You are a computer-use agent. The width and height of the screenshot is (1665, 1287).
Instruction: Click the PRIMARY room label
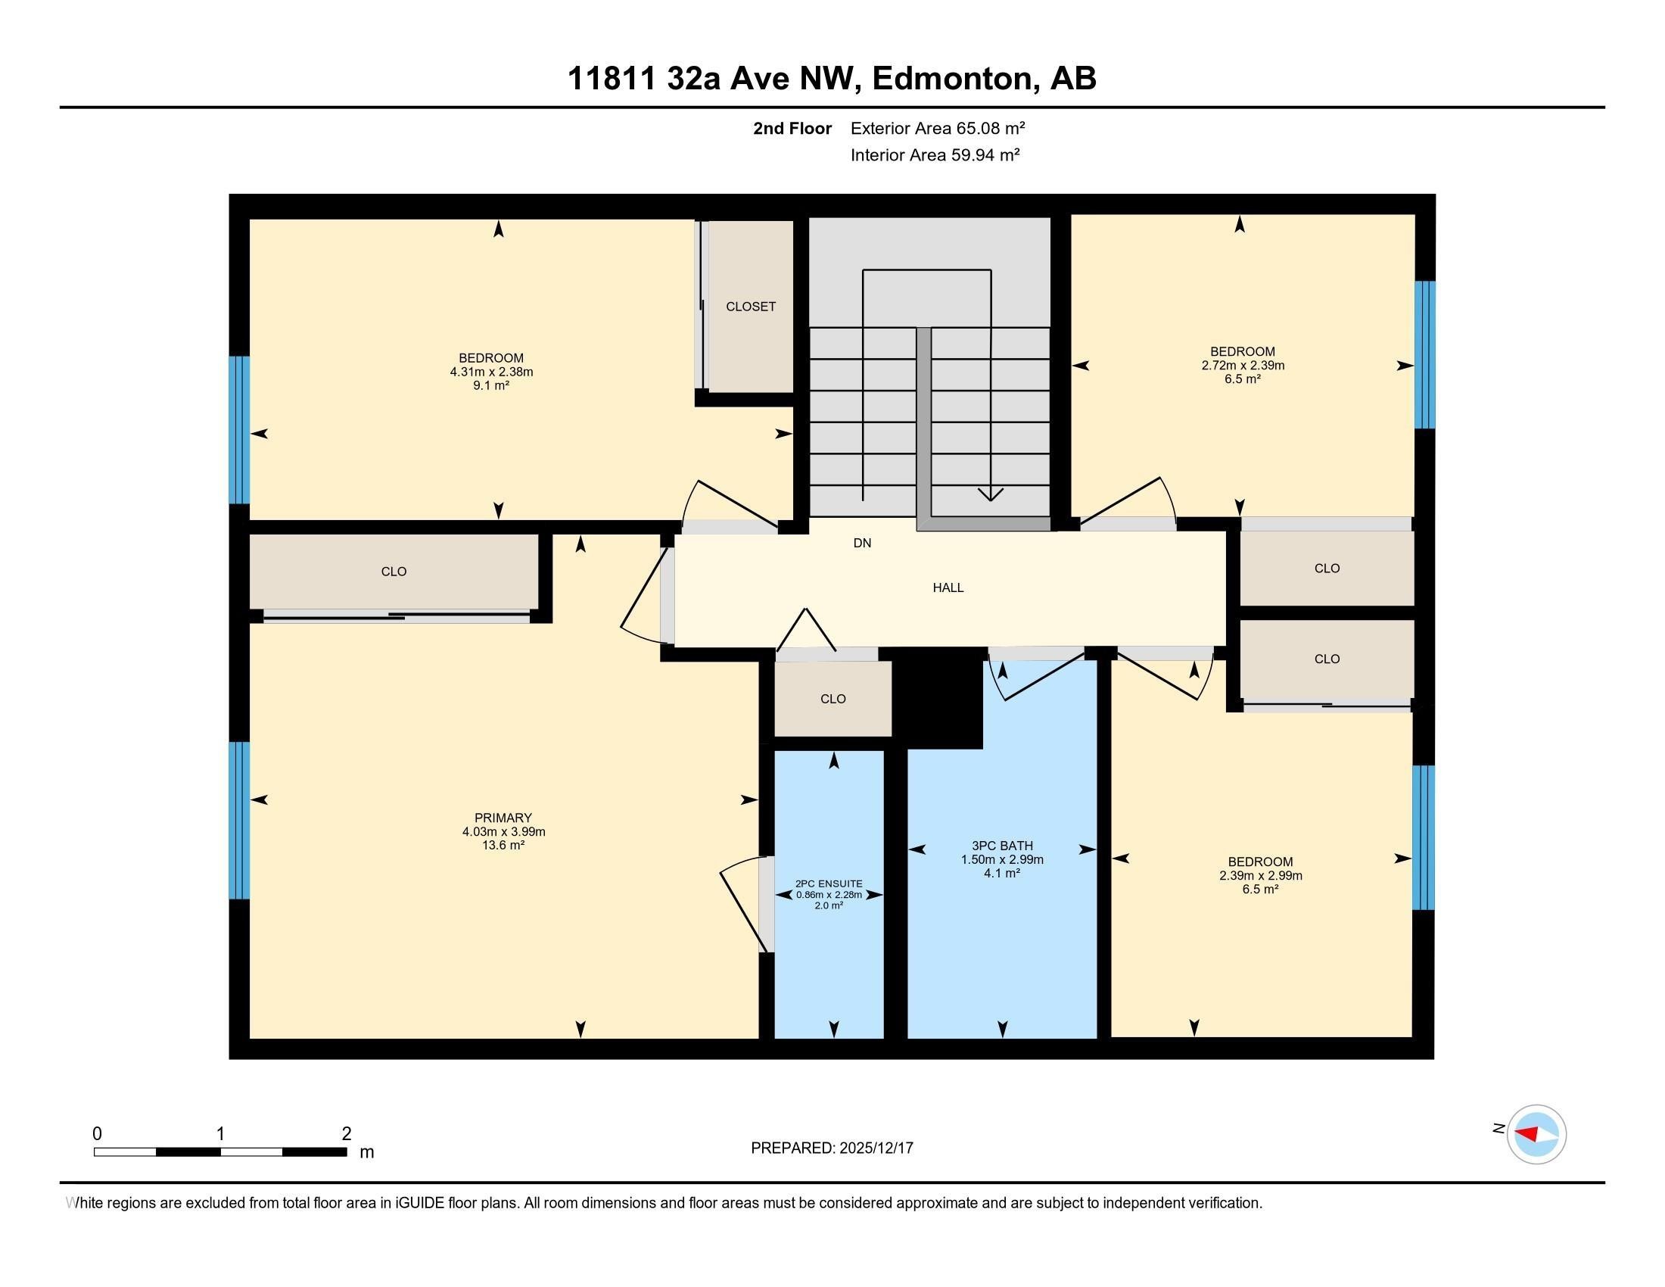(503, 818)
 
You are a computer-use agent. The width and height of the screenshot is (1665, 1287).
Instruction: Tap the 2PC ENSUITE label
(829, 883)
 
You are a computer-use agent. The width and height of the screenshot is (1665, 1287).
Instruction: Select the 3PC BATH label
(1002, 845)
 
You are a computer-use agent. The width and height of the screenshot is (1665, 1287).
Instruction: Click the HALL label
(948, 587)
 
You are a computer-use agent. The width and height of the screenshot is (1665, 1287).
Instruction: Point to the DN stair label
(861, 543)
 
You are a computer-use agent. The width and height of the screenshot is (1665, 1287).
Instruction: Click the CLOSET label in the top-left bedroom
(750, 307)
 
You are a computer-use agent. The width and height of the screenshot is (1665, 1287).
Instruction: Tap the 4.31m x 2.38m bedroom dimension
(491, 372)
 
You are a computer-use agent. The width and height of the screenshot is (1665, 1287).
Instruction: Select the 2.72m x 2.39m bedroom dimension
(1242, 365)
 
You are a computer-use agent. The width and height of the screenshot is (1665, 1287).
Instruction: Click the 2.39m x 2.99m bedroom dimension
(1260, 875)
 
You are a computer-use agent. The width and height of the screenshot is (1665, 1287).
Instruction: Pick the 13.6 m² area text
(503, 845)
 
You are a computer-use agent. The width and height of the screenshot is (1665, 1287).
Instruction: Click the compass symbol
(1536, 1134)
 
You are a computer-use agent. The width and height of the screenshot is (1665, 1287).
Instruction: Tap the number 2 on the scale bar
(346, 1134)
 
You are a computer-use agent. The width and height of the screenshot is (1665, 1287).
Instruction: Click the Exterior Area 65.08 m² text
(937, 128)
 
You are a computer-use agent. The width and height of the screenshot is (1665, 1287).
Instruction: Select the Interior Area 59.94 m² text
(935, 154)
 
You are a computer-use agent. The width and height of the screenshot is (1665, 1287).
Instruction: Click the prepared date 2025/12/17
(874, 1148)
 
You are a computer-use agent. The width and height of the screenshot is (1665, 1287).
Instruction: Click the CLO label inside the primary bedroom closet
(394, 571)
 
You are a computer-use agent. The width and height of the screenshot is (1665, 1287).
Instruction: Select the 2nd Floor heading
(792, 128)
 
